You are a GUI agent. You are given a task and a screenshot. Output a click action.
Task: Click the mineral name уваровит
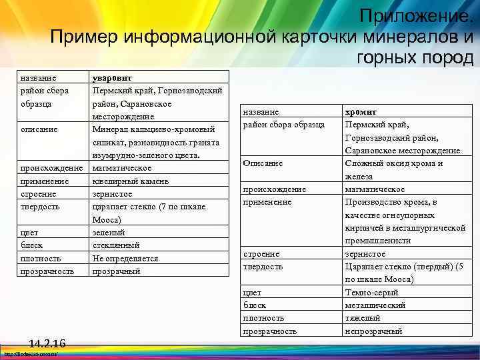tap(112, 77)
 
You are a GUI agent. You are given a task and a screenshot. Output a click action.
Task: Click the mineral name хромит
tap(361, 113)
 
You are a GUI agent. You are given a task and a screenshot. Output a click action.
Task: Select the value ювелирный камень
tap(131, 181)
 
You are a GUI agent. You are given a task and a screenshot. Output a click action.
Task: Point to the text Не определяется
tap(125, 258)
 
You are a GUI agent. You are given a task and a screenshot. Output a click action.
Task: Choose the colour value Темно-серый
tap(371, 292)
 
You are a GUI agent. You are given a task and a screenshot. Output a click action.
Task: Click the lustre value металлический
tap(375, 305)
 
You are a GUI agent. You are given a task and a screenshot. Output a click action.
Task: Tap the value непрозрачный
tap(373, 331)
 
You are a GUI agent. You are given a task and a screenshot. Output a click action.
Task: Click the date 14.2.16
tap(47, 343)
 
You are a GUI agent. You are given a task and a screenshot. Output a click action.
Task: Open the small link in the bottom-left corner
tap(29, 355)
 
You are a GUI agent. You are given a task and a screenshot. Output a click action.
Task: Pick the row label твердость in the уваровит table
tap(40, 207)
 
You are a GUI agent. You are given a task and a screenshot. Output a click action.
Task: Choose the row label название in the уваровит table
tap(38, 77)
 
